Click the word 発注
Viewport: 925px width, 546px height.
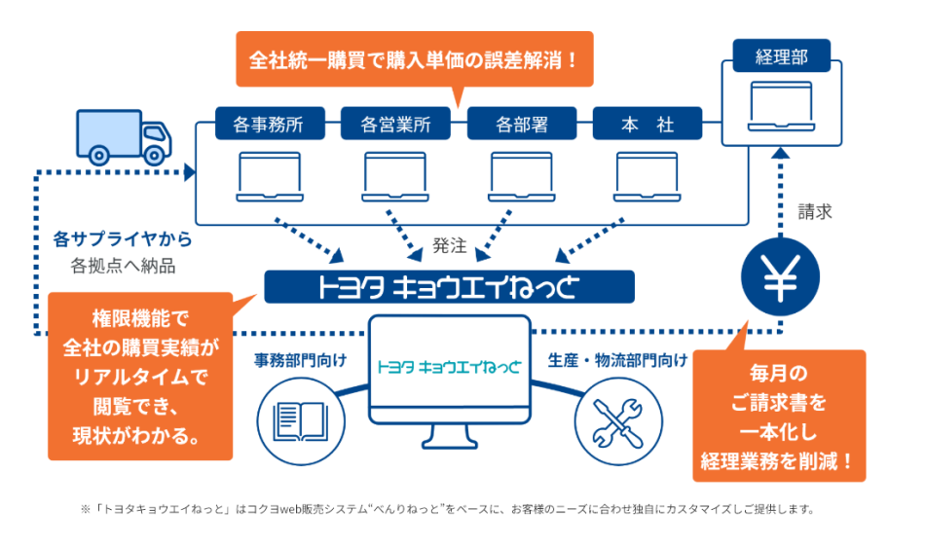(x=449, y=246)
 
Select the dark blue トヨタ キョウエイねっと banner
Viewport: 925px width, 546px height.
(x=449, y=286)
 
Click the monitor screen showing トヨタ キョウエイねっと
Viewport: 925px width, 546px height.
(x=449, y=367)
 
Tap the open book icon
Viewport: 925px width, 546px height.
(x=301, y=419)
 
